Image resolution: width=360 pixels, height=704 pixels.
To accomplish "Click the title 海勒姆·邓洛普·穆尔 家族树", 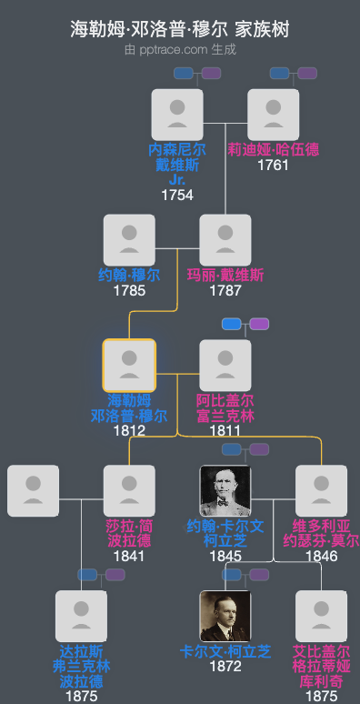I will [x=180, y=29].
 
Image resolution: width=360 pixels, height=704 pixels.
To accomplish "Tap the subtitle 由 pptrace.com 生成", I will [x=180, y=49].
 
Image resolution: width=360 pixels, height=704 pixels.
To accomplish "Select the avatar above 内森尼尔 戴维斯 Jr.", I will [x=177, y=114].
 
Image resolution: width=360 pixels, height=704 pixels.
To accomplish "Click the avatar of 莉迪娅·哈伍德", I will [x=273, y=114].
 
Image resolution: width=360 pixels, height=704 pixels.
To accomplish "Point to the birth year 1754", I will [x=177, y=195].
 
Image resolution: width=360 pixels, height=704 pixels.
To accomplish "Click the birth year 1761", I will [x=273, y=165].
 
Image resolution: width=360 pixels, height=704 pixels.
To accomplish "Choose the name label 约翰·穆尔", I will [x=129, y=275].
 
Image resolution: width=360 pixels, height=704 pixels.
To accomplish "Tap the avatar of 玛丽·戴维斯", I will [x=225, y=240].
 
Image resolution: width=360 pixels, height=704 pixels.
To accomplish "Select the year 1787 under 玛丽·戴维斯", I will [x=225, y=290].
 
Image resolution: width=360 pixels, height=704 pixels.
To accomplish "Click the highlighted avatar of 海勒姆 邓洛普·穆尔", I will [x=129, y=366].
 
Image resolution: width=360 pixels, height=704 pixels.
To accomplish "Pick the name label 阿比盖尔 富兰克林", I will [x=225, y=407].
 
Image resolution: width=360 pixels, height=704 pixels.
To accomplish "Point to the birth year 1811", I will [x=225, y=430].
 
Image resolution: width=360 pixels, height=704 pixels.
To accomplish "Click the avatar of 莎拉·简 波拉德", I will [x=129, y=491].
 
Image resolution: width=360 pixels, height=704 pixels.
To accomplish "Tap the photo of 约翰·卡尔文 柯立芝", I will [x=225, y=491].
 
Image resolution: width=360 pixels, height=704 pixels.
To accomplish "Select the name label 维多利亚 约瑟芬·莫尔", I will [x=322, y=533].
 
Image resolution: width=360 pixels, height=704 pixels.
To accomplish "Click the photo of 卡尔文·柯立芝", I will [x=225, y=617].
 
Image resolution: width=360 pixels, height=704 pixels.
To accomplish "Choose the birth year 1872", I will [x=225, y=667].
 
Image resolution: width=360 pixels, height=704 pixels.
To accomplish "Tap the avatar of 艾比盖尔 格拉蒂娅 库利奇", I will [x=322, y=617].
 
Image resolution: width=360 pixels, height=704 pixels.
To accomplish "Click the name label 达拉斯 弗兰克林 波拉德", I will [x=82, y=666].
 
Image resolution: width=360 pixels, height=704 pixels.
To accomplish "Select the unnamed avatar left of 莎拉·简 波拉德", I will [x=34, y=491].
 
